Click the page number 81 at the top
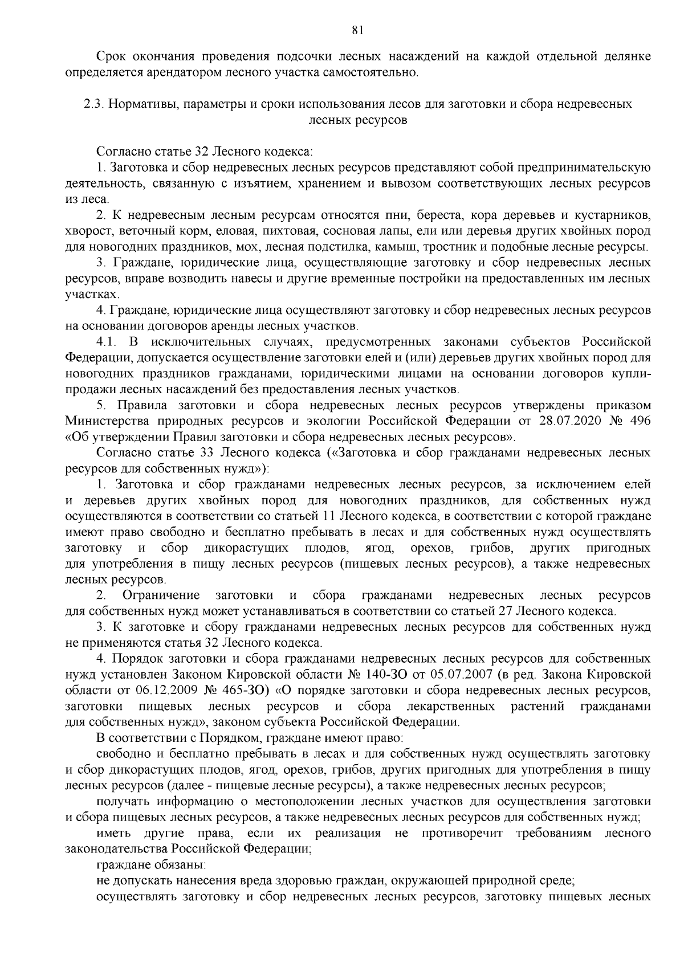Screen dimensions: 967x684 [x=342, y=30]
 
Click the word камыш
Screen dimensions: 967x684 [x=429, y=247]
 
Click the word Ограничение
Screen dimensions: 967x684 [x=161, y=595]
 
